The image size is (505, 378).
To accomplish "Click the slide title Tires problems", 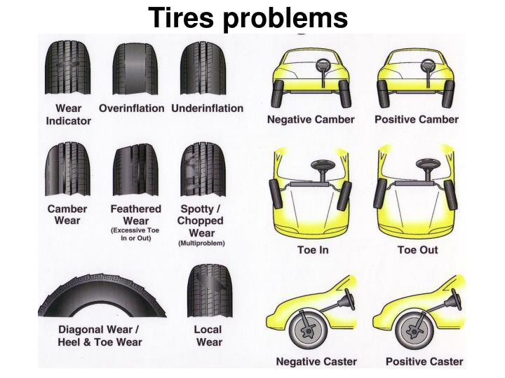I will click(x=248, y=17).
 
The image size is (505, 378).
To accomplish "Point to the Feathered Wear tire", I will click(x=135, y=171).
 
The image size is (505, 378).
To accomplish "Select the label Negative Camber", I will click(x=311, y=120).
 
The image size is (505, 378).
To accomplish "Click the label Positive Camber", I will click(x=417, y=120).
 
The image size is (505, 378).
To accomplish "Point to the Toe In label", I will click(x=313, y=250).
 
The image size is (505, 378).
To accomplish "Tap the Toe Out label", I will click(x=417, y=250).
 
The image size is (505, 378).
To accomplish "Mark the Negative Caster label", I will click(x=316, y=362).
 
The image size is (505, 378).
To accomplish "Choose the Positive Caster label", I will click(x=424, y=362).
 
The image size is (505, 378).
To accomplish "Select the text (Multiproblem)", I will click(x=201, y=244).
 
